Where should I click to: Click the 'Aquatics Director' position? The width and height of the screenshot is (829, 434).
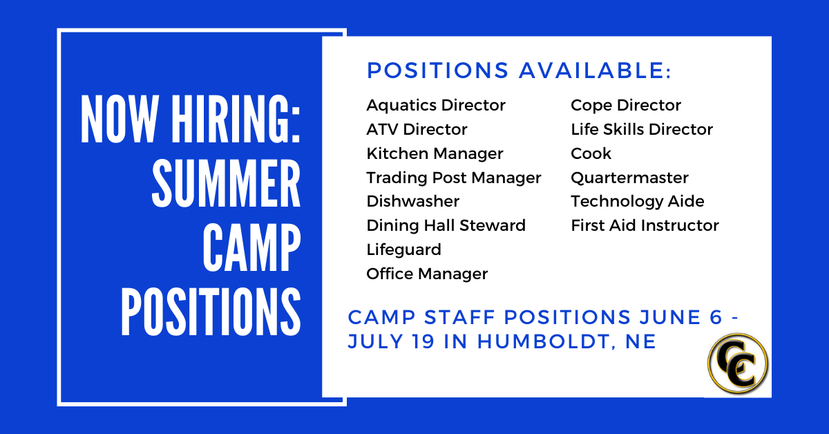coord(436,106)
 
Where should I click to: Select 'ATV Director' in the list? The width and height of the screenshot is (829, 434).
coord(417,130)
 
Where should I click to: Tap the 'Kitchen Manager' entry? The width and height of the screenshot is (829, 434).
coord(435,154)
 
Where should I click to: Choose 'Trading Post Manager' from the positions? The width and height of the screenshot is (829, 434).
coord(454,178)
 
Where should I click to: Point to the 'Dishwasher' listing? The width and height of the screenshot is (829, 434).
coord(412,201)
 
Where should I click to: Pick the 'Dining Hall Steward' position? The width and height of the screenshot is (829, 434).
coord(446,226)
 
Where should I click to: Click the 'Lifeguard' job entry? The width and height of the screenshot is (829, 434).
coord(403,250)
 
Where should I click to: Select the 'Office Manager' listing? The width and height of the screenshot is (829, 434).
coord(427,274)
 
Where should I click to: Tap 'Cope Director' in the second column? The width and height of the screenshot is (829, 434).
coord(626,106)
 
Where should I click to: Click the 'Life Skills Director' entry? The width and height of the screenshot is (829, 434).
coord(642,130)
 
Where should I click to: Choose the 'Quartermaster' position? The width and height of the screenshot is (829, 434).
coord(629,178)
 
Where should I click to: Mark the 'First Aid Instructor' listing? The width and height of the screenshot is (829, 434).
coord(645,225)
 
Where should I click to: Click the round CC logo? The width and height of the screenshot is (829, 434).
coord(738,364)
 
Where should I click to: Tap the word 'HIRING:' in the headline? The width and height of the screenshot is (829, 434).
coord(236,119)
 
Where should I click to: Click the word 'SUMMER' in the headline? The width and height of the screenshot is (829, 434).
coord(226,183)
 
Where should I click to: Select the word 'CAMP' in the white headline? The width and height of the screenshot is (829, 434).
coord(251,247)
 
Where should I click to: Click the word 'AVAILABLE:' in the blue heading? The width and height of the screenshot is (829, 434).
coord(595,70)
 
